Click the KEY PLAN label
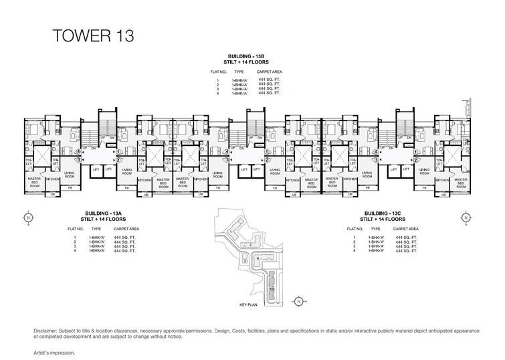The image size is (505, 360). point(249,304)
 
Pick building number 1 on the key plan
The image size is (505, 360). point(231,232)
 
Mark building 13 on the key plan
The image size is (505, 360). point(272,288)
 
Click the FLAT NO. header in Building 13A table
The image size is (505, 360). point(75,228)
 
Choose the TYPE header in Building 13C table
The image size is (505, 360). point(376,228)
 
